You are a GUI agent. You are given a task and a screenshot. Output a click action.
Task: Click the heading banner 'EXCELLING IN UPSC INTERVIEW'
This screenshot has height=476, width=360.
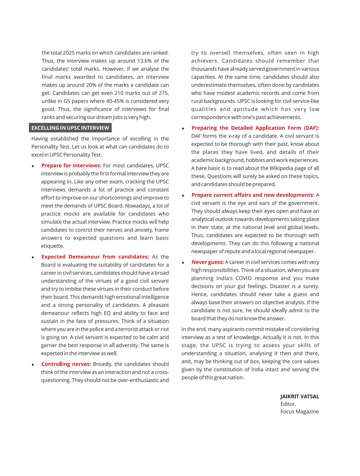click(70, 128)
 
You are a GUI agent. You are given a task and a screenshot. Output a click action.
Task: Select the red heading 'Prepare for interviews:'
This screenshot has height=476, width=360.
click(71, 166)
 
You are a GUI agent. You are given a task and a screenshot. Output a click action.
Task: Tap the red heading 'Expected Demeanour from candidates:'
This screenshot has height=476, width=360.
click(95, 257)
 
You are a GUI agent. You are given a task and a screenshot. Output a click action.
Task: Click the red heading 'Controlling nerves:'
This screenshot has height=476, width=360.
click(66, 364)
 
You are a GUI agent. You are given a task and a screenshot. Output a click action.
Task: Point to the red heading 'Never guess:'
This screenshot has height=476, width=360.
click(208, 262)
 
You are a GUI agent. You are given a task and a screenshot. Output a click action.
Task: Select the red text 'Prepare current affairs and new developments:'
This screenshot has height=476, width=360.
click(253, 195)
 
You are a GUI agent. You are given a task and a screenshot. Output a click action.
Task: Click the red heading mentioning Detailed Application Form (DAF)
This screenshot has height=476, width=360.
click(255, 128)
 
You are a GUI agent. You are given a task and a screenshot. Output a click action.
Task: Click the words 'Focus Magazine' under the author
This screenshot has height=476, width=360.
click(300, 412)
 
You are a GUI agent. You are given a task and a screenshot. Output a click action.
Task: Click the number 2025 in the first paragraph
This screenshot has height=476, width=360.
click(69, 53)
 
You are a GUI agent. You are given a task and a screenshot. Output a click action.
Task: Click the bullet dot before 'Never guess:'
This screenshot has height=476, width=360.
click(183, 263)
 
